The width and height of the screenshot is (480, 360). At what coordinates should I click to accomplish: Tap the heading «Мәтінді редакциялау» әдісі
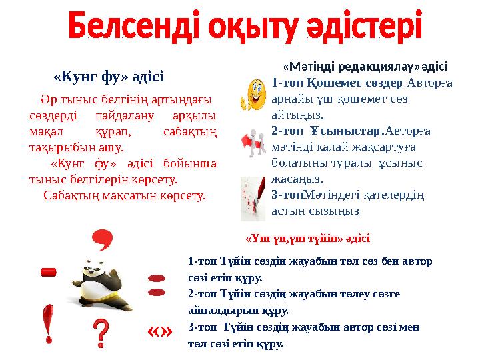(365, 67)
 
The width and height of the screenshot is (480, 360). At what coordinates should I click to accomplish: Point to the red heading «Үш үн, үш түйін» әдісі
(308, 238)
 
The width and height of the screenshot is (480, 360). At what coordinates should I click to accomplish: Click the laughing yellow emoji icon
(253, 94)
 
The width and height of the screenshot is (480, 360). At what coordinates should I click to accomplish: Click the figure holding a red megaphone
(253, 141)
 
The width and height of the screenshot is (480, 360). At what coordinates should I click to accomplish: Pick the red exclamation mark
(49, 323)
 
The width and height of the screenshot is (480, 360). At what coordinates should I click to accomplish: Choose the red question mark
(100, 331)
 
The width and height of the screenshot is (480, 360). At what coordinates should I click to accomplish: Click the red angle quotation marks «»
(159, 331)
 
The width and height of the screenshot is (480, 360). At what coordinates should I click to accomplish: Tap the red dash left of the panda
(49, 271)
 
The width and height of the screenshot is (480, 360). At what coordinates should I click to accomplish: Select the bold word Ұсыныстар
(341, 131)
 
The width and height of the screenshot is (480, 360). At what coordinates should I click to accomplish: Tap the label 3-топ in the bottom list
(201, 327)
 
